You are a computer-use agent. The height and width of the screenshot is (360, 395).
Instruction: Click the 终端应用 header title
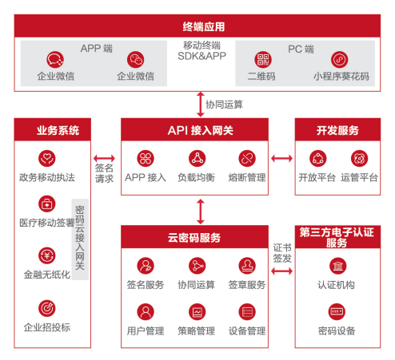(204, 27)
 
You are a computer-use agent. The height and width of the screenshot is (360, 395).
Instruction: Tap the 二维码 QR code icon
(263, 60)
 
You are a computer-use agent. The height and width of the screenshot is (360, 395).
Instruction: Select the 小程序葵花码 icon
(339, 60)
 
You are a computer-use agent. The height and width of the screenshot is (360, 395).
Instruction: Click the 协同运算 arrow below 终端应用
(201, 105)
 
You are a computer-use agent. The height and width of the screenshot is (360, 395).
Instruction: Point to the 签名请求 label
(104, 173)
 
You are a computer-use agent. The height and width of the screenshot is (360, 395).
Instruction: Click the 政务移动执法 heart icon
(47, 158)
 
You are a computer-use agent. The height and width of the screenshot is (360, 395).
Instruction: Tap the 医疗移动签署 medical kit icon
(47, 204)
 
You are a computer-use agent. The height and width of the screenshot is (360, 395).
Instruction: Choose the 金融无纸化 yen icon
(47, 255)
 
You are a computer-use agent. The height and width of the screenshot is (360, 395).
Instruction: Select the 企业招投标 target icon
(47, 308)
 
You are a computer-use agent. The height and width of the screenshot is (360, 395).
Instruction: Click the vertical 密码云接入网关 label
(80, 239)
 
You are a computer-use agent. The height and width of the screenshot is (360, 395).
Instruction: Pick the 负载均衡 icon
(197, 158)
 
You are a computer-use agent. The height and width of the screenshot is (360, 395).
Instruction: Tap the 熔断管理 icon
(247, 158)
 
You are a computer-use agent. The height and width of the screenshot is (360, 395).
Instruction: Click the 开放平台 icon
(317, 158)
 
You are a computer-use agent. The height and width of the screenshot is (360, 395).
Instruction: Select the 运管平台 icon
(359, 158)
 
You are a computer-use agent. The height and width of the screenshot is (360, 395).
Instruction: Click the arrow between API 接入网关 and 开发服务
(281, 159)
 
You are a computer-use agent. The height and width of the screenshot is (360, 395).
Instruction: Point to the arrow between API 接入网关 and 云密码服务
(201, 212)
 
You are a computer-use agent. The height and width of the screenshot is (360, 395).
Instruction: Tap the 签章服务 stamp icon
(247, 266)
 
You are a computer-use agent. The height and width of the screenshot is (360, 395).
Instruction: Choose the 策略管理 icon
(197, 312)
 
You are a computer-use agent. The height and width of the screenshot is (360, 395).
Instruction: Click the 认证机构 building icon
(337, 266)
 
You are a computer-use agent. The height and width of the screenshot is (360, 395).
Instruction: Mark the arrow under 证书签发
(281, 271)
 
